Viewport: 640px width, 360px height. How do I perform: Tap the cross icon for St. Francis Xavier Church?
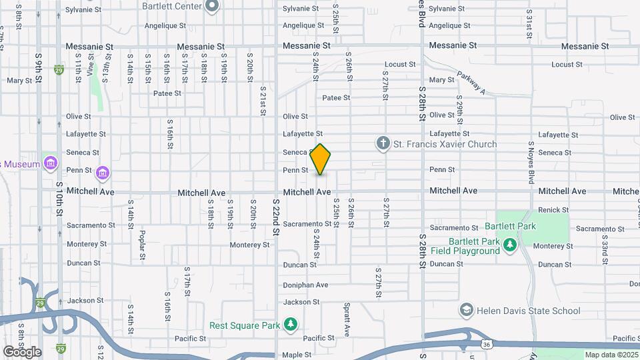tap(383, 143)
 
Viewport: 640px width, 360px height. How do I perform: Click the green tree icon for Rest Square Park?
tap(290, 325)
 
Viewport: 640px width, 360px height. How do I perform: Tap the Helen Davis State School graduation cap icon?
tap(466, 311)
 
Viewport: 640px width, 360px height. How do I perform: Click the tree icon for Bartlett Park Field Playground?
tap(510, 246)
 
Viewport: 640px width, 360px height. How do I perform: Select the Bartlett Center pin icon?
tap(213, 7)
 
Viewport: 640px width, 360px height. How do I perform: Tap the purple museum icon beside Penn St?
tap(102, 173)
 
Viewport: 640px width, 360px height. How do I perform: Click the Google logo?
tap(21, 351)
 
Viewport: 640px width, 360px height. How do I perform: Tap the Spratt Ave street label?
tap(347, 321)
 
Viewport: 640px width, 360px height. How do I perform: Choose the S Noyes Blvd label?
tap(531, 162)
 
